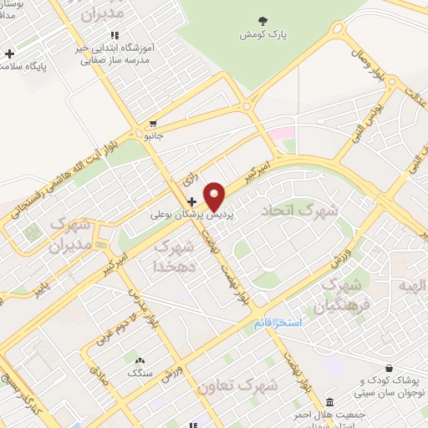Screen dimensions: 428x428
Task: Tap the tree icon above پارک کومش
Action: [x=263, y=20]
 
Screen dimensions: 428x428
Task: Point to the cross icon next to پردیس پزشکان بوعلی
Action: [x=192, y=201]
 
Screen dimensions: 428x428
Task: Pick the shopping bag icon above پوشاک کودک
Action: [x=390, y=368]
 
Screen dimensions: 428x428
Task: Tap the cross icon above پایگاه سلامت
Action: [x=9, y=55]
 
